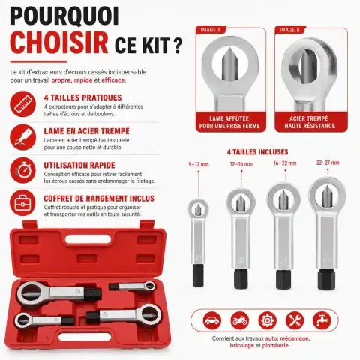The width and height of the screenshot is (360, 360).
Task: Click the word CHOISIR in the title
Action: tap(59, 43)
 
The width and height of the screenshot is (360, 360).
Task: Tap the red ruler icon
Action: tap(23, 103)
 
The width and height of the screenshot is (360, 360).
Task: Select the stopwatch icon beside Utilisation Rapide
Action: tap(23, 170)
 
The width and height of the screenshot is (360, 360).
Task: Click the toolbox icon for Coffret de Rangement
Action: tap(23, 202)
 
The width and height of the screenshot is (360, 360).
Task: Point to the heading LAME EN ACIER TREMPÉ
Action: tap(87, 131)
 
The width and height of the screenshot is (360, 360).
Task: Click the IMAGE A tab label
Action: tap(211, 30)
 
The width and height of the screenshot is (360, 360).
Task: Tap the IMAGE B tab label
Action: tap(289, 30)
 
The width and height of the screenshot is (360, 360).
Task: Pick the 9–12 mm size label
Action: tap(199, 164)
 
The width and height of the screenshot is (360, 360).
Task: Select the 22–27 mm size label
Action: tap(328, 163)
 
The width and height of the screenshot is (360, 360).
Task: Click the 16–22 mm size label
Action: tap(285, 163)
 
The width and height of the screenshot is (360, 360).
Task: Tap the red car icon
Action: tap(212, 320)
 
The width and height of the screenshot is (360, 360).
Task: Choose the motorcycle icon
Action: tap(240, 320)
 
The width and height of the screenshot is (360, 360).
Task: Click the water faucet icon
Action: tap(322, 320)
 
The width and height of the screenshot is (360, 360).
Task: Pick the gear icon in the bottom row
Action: tap(267, 320)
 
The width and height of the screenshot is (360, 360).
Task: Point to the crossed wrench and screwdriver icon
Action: tap(295, 320)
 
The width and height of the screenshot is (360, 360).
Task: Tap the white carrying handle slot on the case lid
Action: tap(88, 239)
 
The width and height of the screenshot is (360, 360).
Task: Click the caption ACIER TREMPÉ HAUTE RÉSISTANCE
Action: tap(310, 122)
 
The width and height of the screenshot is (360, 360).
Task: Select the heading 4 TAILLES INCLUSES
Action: tap(257, 152)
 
